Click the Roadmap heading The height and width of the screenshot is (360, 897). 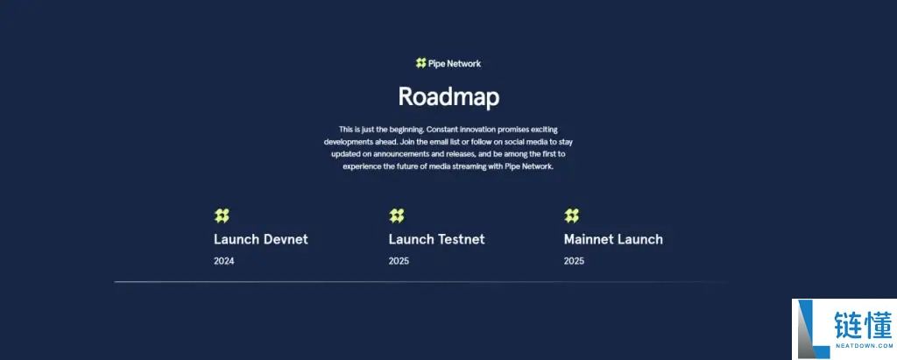coord(448,96)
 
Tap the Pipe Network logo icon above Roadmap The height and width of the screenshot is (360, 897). coord(421,63)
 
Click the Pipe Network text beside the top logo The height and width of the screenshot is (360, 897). coord(455,63)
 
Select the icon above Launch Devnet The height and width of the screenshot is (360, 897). coord(222,215)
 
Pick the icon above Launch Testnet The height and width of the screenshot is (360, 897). coord(397,215)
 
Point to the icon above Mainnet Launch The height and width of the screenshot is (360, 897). coord(572,215)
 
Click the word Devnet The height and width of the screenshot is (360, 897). coord(285,239)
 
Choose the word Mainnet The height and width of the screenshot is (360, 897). coord(591,239)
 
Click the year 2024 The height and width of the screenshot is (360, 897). coord(224,261)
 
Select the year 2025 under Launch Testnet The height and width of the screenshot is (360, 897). coord(399,261)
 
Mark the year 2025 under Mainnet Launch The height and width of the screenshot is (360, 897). coord(575,261)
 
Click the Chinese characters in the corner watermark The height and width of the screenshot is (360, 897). coord(863,323)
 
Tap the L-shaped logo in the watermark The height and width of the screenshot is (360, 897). coord(811,329)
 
